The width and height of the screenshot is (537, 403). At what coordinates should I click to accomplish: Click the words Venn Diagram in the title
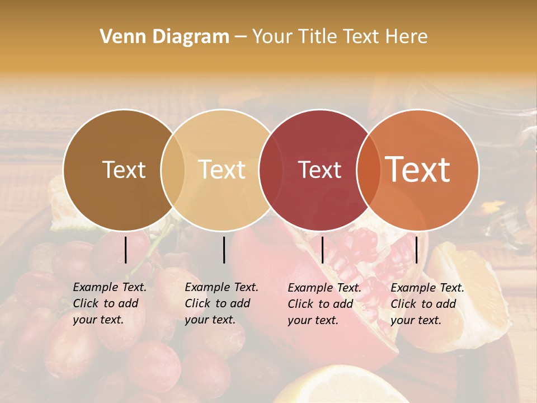164,37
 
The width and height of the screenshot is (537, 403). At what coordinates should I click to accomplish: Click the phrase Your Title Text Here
340,37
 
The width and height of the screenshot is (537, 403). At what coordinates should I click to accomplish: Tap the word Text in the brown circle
124,170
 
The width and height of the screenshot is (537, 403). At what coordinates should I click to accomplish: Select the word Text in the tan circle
222,170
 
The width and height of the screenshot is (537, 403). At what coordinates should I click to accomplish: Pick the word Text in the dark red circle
319,170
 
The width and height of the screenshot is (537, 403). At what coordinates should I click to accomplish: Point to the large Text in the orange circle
418,170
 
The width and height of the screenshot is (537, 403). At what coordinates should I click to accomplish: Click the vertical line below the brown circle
126,250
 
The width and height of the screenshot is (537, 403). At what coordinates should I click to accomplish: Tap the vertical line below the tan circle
224,250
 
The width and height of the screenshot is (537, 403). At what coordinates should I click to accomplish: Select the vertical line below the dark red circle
322,250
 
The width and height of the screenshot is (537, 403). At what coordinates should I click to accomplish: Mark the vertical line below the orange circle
416,250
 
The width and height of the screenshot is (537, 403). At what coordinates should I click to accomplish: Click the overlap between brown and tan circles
173,170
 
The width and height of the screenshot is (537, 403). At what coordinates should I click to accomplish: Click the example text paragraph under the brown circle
110,304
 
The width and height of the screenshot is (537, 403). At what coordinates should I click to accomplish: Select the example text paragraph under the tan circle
222,304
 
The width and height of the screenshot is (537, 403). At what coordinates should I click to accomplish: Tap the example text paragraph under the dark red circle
324,304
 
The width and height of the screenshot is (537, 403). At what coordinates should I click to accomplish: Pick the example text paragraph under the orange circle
427,304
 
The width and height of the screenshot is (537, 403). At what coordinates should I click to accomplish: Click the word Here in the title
408,37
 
